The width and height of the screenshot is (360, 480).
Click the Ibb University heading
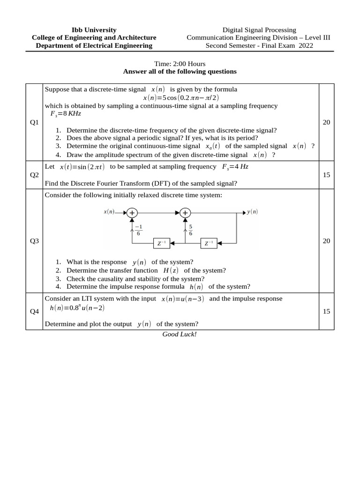click(x=94, y=30)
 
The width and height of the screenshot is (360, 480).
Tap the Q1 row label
click(x=34, y=122)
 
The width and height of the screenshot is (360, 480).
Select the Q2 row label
click(x=34, y=175)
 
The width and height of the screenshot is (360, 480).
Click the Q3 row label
click(x=34, y=241)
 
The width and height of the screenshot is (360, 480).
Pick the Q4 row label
click(x=34, y=311)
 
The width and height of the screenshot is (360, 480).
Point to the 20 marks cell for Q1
click(x=327, y=122)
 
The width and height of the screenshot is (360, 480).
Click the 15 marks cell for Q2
click(x=327, y=175)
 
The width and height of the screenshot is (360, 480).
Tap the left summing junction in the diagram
click(x=132, y=212)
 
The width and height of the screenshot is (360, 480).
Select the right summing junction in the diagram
click(x=185, y=212)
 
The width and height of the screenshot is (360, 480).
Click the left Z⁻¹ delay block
click(x=162, y=243)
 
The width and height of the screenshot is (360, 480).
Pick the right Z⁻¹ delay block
click(x=209, y=243)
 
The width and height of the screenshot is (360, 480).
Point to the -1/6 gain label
click(x=138, y=230)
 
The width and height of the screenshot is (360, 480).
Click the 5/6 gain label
click(x=191, y=230)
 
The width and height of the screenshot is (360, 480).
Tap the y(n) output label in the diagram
click(x=252, y=212)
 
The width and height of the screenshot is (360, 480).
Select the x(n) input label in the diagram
click(x=109, y=212)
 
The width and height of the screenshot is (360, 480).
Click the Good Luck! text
click(x=180, y=334)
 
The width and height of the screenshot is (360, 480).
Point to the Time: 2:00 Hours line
click(x=180, y=64)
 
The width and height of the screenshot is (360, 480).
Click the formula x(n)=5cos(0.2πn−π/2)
click(x=181, y=97)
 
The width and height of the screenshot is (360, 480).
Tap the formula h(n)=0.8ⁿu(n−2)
click(x=77, y=307)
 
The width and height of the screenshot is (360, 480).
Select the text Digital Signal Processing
click(x=259, y=30)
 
